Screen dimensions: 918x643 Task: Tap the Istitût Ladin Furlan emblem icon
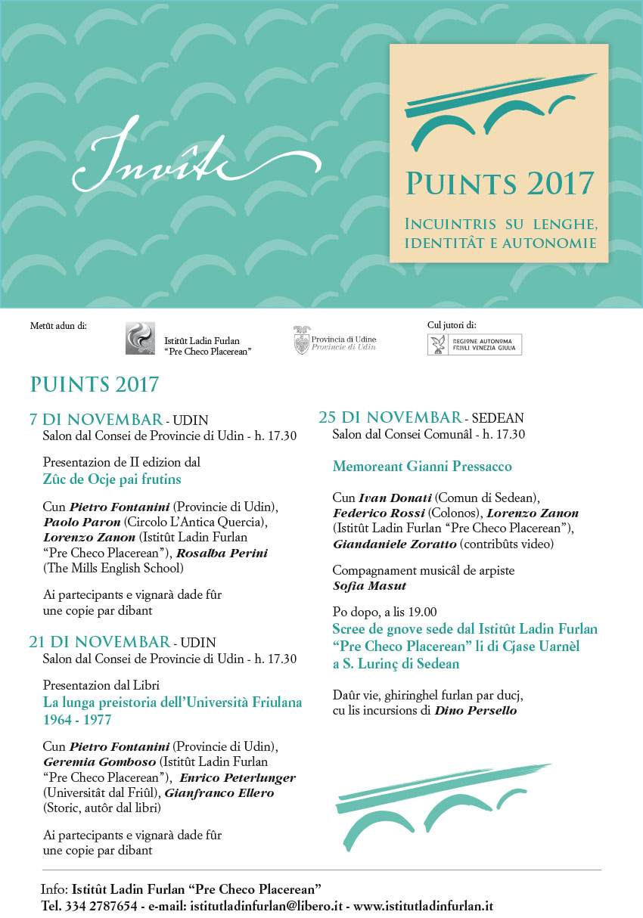(140, 338)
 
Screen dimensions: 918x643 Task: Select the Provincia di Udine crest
(301, 340)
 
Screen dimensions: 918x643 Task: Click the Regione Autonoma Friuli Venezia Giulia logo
(474, 344)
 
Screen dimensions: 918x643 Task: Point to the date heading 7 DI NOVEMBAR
(95, 420)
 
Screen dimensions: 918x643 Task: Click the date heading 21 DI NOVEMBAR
(99, 643)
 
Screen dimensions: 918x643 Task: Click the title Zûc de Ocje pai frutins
(112, 479)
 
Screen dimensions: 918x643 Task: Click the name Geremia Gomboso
(90, 761)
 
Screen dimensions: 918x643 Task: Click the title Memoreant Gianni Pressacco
(422, 467)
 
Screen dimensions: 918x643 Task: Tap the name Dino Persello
(475, 710)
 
